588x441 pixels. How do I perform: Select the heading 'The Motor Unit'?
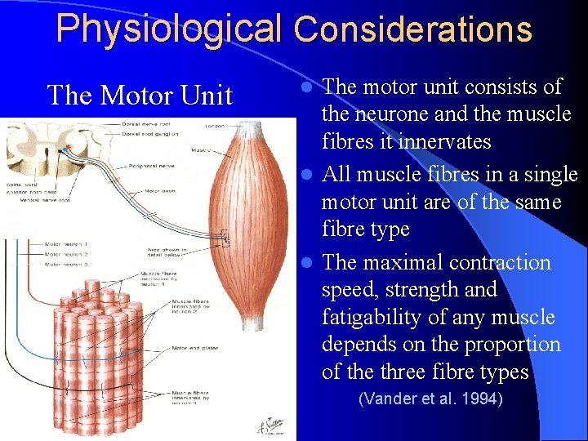pyautogui.click(x=140, y=96)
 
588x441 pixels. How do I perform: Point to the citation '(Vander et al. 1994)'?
pyautogui.click(x=430, y=399)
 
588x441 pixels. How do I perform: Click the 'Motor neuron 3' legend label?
pyautogui.click(x=65, y=264)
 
